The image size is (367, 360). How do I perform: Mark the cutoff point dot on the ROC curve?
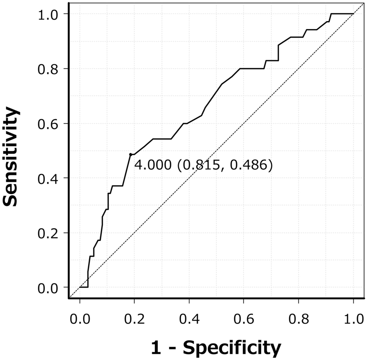(x=131, y=154)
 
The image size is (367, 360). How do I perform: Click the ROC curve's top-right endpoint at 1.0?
(x=353, y=14)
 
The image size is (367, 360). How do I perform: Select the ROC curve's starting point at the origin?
(x=80, y=287)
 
